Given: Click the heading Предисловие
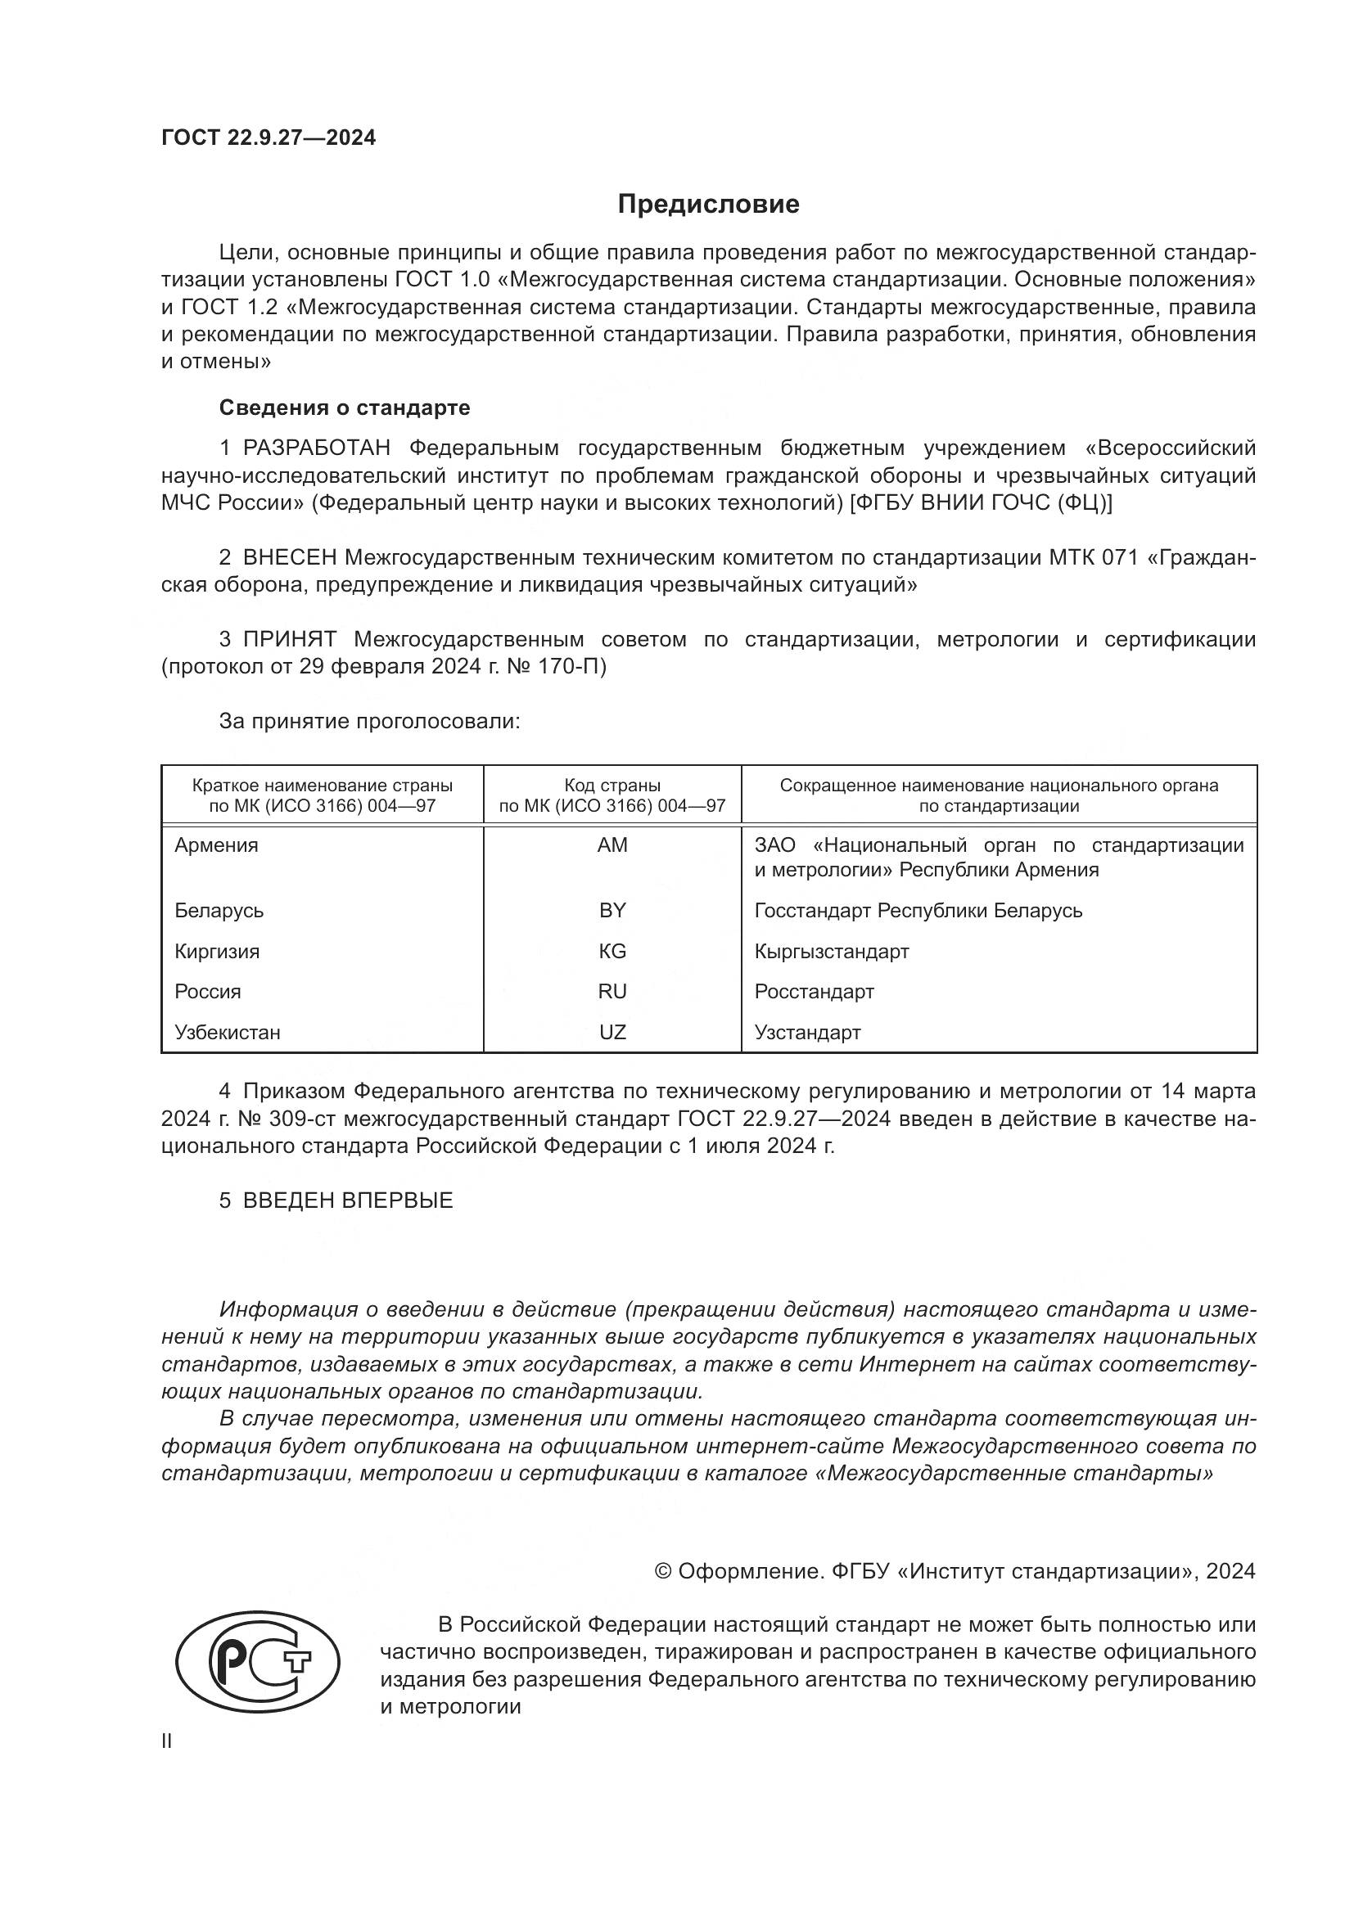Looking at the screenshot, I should [x=708, y=205].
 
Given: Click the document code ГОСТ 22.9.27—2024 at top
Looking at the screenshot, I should [x=269, y=137].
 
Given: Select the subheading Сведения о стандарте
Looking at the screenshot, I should [x=345, y=408].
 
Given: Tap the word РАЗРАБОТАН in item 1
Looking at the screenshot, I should [x=317, y=448].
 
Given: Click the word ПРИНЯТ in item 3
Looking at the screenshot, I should [x=289, y=639].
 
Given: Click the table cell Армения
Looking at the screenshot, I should [x=216, y=845].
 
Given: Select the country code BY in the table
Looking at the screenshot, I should [x=612, y=910].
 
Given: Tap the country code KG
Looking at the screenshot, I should [x=612, y=951].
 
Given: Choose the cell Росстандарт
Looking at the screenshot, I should [x=814, y=992].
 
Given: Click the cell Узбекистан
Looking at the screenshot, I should [x=227, y=1033].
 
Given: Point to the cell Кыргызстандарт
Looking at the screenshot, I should [x=831, y=951].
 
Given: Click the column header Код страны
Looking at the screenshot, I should [x=612, y=786].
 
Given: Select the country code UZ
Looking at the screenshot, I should [x=612, y=1033].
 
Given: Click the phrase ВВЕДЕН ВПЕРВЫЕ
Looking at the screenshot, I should [x=348, y=1200].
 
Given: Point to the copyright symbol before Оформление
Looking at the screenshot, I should [x=664, y=1571].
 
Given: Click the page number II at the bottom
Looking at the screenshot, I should [x=167, y=1741].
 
